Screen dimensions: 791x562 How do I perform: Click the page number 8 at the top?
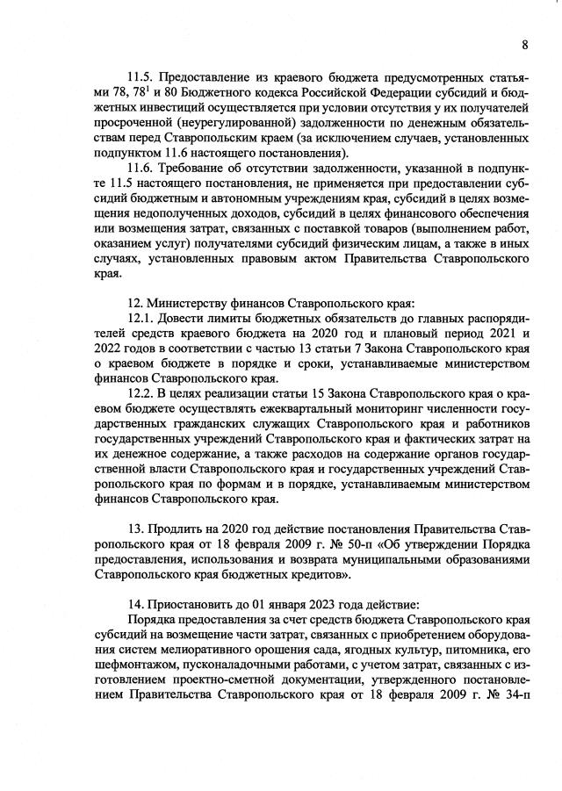(x=524, y=45)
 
